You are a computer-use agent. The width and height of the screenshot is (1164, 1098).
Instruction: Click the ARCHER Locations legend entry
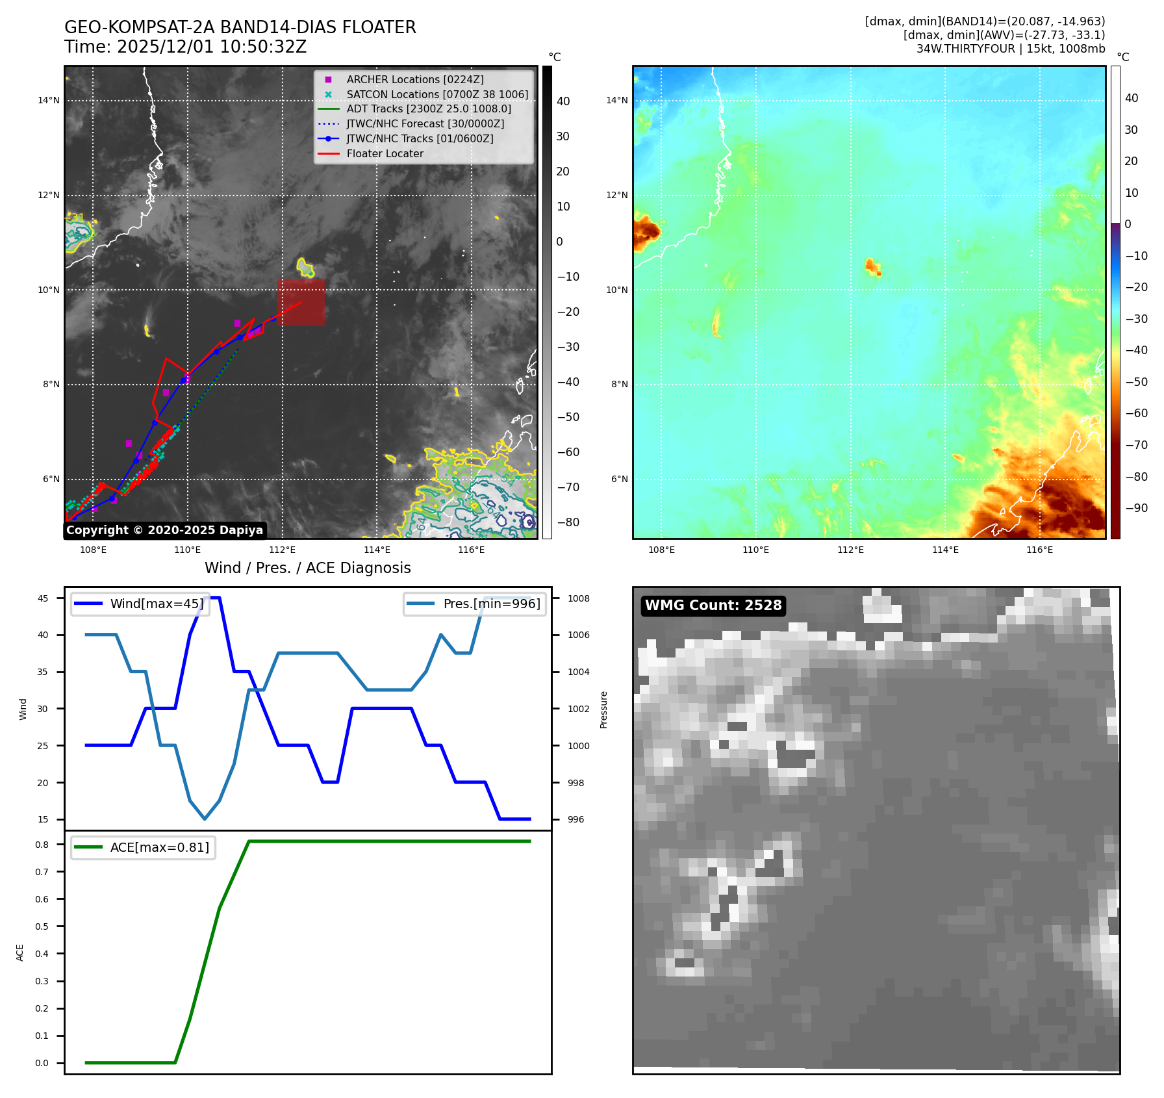tap(414, 79)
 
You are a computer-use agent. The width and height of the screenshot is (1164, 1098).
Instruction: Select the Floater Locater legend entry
tap(385, 153)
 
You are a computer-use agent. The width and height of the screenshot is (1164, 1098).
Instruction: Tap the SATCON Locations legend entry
tap(436, 94)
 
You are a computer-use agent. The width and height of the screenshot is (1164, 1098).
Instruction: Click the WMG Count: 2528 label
tap(713, 606)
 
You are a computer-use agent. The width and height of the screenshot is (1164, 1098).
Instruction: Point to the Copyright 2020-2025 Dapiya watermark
tap(164, 530)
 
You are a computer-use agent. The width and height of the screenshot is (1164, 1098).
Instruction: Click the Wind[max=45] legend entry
tap(156, 604)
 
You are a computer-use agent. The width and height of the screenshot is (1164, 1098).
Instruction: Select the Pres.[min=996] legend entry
tap(491, 604)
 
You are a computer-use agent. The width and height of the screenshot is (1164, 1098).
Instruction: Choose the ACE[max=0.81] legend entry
tap(159, 847)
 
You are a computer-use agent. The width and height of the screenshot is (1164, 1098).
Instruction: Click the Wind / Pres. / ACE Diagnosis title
tap(307, 568)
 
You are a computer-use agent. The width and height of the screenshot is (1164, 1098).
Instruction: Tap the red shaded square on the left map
tap(301, 302)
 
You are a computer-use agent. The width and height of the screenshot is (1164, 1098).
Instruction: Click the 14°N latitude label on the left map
tap(49, 100)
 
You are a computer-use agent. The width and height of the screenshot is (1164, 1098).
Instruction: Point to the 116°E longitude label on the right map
tap(1039, 550)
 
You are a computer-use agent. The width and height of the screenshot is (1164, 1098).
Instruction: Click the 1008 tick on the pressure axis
tap(578, 598)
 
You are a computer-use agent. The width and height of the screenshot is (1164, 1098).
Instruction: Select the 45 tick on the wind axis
tap(43, 598)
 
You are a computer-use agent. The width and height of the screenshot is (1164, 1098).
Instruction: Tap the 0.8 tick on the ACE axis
tap(42, 845)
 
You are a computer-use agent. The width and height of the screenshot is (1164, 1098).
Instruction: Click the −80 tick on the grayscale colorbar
tap(568, 522)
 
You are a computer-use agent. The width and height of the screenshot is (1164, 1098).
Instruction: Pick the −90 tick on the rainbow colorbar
tap(1136, 508)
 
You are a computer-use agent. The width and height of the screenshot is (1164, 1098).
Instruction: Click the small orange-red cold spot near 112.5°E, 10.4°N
tap(872, 266)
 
